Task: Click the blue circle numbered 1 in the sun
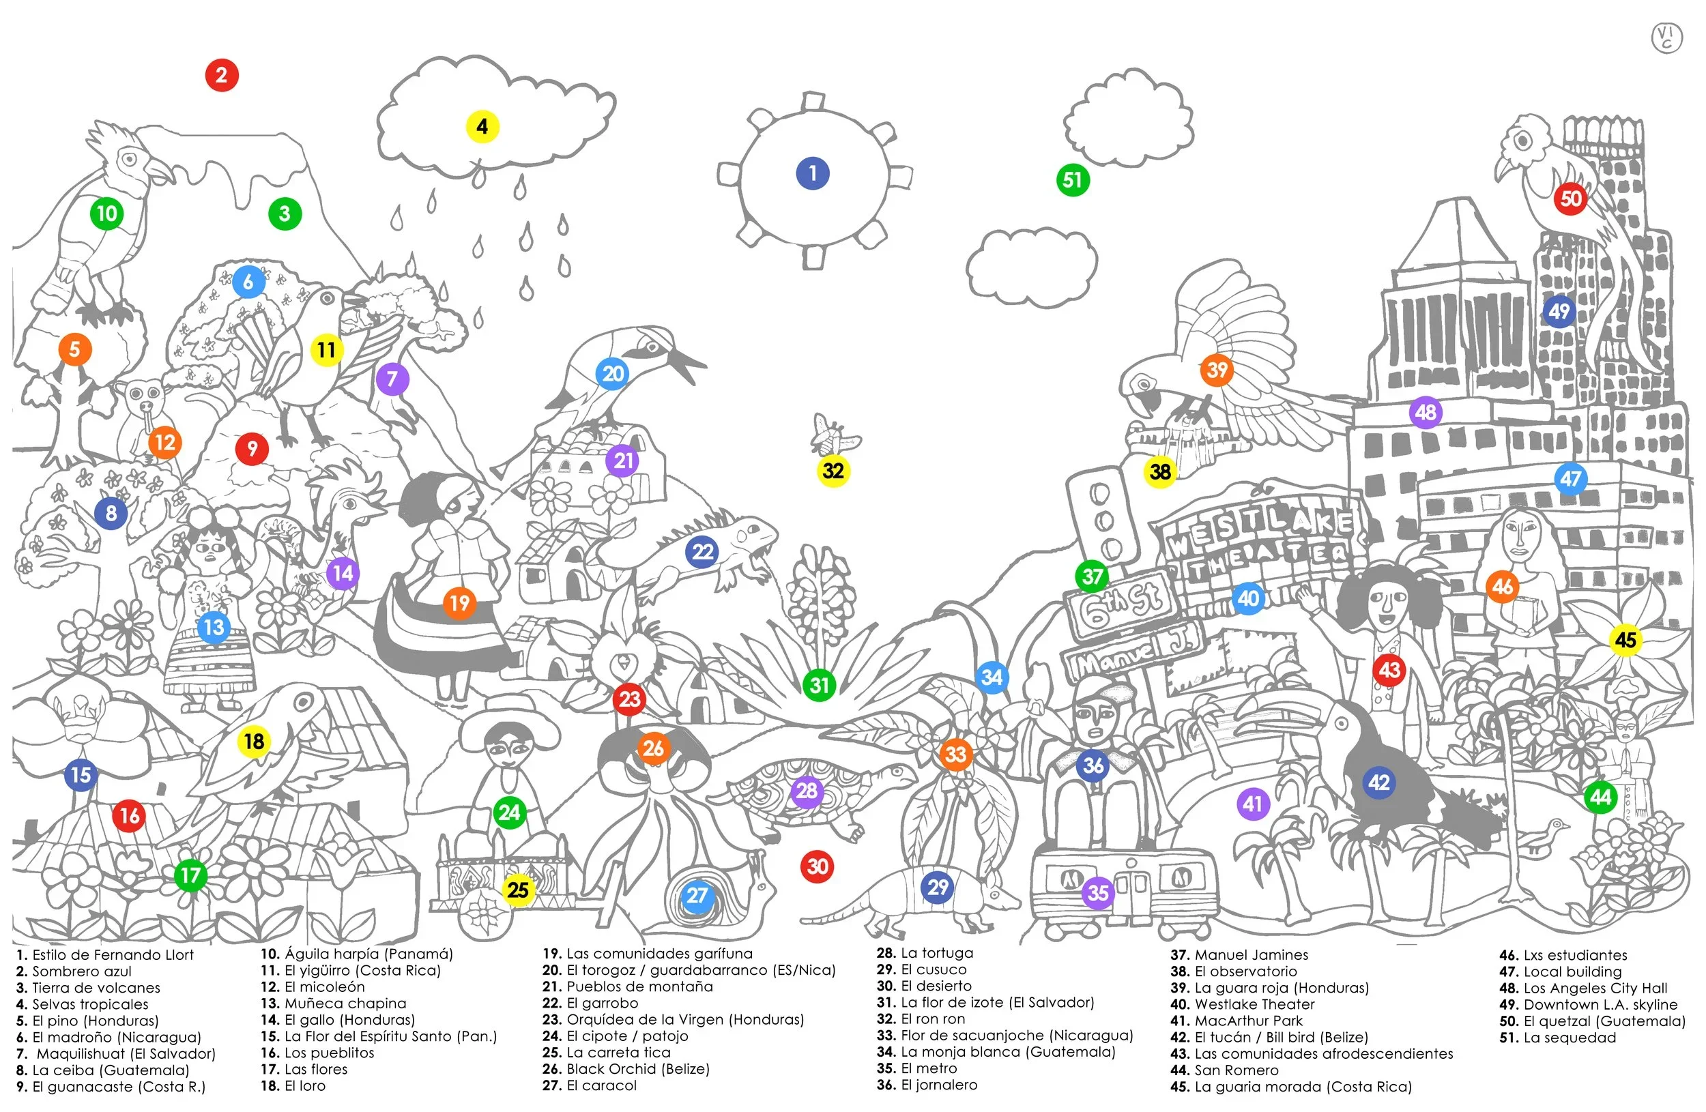(x=813, y=173)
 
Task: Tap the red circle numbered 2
(x=222, y=75)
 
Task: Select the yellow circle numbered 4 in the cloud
(x=482, y=127)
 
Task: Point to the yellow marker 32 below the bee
(x=833, y=471)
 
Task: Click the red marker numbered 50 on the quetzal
(x=1572, y=199)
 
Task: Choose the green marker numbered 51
(x=1073, y=180)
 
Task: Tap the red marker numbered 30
(x=818, y=867)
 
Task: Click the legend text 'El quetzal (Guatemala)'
(x=1605, y=1021)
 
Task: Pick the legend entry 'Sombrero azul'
(x=82, y=971)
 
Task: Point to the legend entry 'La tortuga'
(x=937, y=953)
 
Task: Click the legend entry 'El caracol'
(x=601, y=1085)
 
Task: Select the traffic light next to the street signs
(x=1103, y=521)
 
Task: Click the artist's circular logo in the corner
(x=1666, y=38)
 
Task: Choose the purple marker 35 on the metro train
(x=1098, y=894)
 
